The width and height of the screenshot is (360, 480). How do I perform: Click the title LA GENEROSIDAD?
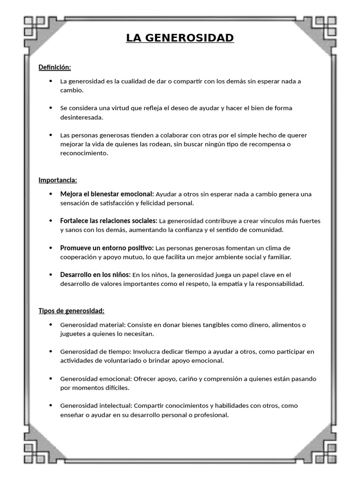pyautogui.click(x=180, y=37)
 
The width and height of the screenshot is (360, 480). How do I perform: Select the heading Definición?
pyautogui.click(x=54, y=67)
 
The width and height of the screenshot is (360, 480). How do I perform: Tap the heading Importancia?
pyautogui.click(x=58, y=180)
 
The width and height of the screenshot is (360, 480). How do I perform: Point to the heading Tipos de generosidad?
pyautogui.click(x=71, y=311)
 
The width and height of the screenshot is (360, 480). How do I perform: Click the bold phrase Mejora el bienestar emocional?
pyautogui.click(x=106, y=194)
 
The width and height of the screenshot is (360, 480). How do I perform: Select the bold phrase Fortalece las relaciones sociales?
pyautogui.click(x=108, y=221)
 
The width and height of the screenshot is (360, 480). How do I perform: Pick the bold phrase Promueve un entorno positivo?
pyautogui.click(x=106, y=247)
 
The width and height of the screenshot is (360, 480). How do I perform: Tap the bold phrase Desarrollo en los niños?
pyautogui.click(x=95, y=275)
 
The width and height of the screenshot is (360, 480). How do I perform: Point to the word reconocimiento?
pyautogui.click(x=84, y=153)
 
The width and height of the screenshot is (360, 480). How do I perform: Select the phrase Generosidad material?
pyautogui.click(x=92, y=325)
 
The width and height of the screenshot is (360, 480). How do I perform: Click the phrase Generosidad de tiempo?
pyautogui.click(x=96, y=352)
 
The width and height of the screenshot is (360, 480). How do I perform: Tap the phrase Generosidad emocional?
pyautogui.click(x=96, y=379)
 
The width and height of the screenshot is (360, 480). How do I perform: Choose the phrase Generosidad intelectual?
pyautogui.click(x=96, y=405)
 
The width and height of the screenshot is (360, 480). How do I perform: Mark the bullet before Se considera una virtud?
pyautogui.click(x=51, y=108)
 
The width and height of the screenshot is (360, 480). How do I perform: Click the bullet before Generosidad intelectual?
pyautogui.click(x=51, y=405)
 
